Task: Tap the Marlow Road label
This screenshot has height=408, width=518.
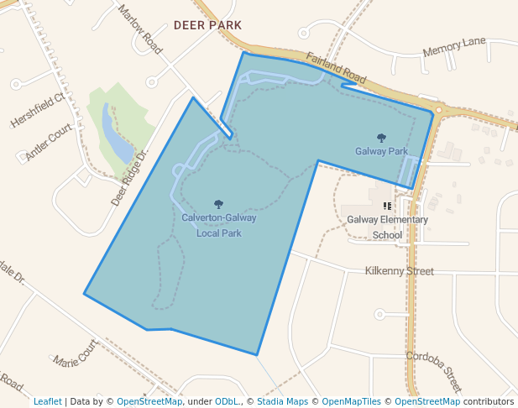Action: pos(140,30)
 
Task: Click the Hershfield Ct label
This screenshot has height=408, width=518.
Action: pos(37,111)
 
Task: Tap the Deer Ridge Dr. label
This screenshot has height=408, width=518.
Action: pos(129,178)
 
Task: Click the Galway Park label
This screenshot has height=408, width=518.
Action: pos(381,152)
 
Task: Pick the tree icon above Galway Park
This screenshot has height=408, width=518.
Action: pos(381,138)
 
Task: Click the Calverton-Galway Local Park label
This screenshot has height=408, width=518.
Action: pos(219,225)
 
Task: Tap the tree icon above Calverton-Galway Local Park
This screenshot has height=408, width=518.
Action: pos(219,204)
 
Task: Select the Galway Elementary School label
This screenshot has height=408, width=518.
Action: pos(387,228)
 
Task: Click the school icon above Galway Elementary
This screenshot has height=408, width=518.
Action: pos(387,206)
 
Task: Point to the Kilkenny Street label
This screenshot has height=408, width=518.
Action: pos(399,271)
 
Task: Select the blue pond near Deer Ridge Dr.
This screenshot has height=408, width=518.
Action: pos(115,134)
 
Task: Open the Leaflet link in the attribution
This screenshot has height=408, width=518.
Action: pos(47,401)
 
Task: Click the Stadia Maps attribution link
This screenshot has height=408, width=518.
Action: pos(282,401)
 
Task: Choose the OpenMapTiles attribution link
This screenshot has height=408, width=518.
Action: pos(351,401)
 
